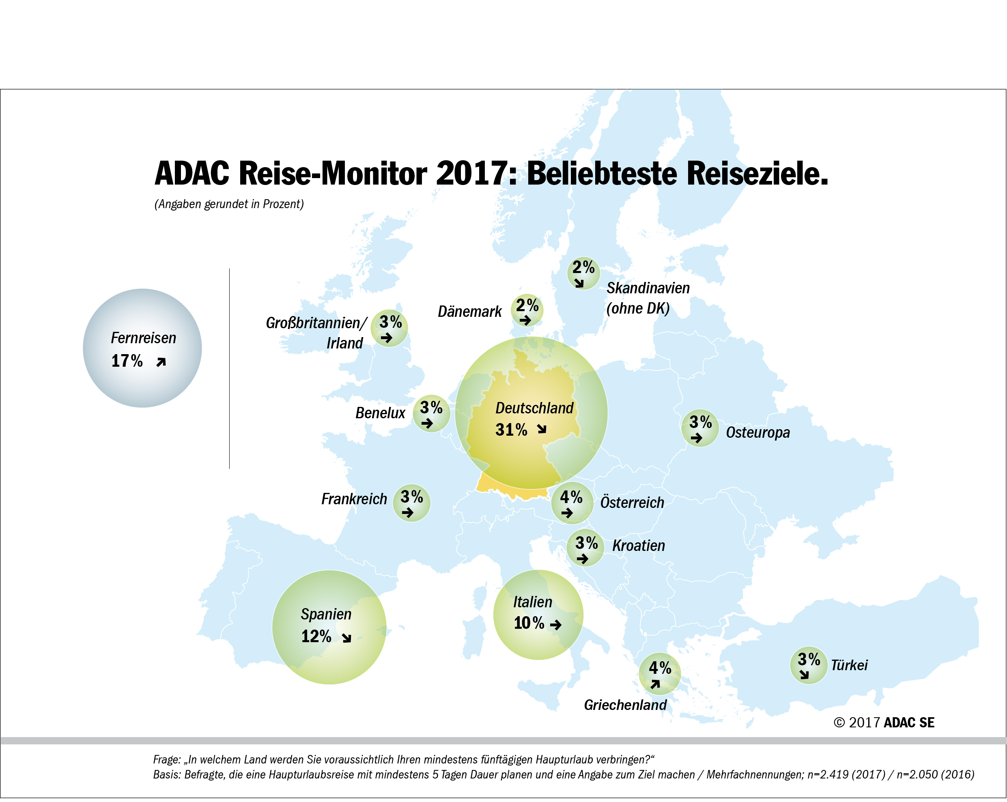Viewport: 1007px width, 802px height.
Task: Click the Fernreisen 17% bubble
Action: point(142,348)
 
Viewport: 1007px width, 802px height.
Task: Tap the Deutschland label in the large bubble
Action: point(534,408)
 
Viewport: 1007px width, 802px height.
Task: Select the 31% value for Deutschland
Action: point(511,430)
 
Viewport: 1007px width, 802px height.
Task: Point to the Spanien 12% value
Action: point(316,636)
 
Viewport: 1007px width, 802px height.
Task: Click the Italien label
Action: point(532,602)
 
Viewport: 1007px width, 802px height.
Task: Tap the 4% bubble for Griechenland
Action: point(660,673)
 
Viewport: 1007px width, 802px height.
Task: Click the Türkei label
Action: point(849,665)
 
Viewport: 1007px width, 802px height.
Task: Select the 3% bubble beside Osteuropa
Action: point(700,428)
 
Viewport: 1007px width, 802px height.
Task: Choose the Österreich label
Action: point(632,503)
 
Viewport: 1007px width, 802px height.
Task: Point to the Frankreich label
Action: point(354,499)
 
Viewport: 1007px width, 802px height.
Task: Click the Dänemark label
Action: point(469,312)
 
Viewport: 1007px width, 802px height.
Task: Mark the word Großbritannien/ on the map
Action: point(316,323)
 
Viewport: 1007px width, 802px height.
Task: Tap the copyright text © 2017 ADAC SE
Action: point(884,722)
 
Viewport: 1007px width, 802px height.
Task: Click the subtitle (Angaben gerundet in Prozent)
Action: point(229,204)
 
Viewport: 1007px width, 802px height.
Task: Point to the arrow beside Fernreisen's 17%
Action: point(161,362)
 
